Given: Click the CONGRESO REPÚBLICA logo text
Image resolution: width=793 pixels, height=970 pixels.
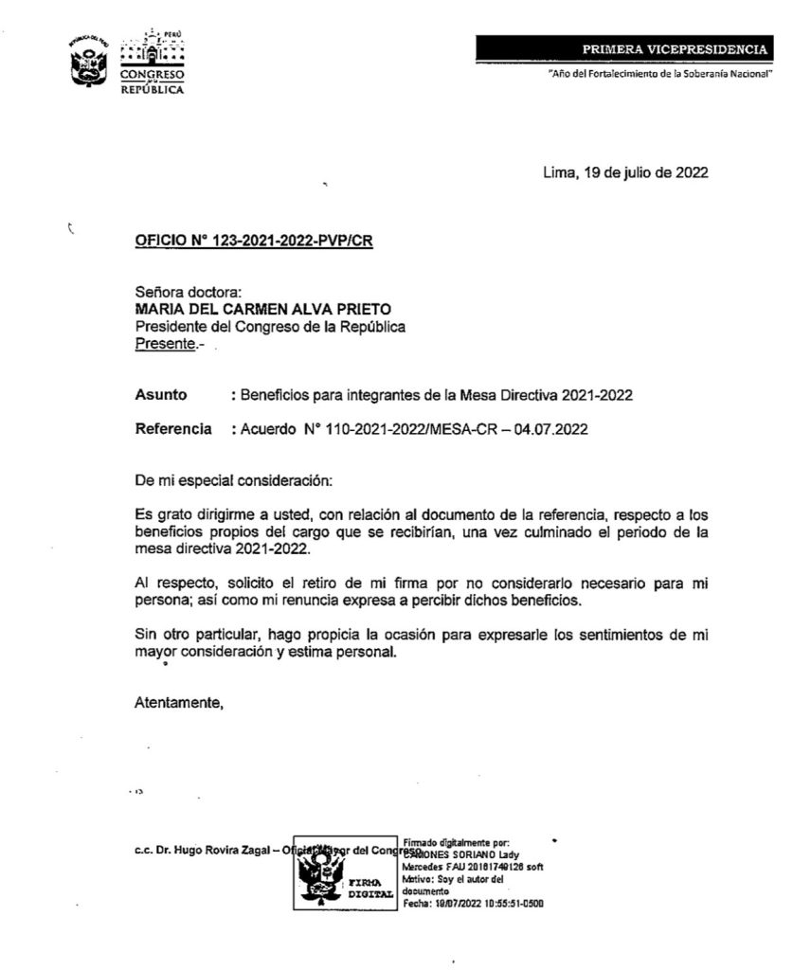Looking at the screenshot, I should click(x=153, y=81).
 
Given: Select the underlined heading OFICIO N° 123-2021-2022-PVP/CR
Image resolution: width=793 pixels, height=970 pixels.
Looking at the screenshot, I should click(x=255, y=242).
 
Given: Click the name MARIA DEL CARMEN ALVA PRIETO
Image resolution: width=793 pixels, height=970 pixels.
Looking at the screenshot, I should click(x=262, y=310).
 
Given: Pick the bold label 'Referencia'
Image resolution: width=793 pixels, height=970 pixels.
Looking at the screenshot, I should click(x=173, y=429).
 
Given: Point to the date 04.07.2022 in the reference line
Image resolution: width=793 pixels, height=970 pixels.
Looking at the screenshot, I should click(x=553, y=429).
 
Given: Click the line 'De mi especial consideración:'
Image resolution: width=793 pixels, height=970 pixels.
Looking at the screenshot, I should click(x=234, y=480).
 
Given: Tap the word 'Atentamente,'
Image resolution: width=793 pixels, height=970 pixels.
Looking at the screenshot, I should click(x=179, y=703).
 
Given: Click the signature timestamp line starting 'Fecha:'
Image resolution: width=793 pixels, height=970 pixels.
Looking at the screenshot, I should click(x=473, y=903).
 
